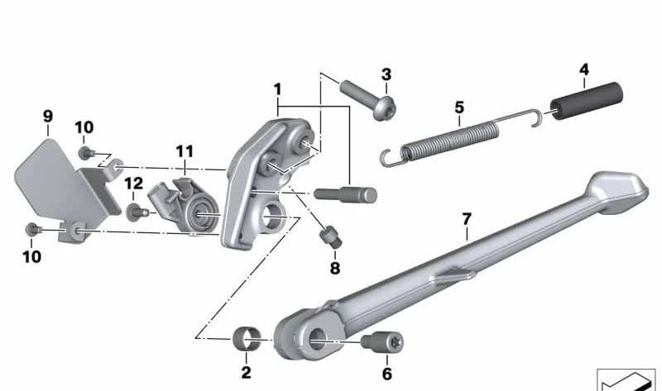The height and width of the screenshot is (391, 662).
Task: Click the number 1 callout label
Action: pos(278,88)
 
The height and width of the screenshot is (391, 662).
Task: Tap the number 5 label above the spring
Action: pos(459,107)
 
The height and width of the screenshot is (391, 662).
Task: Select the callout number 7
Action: pos(467,220)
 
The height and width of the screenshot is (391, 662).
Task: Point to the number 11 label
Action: pos(184,151)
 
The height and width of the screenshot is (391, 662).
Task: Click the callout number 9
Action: pos(47,117)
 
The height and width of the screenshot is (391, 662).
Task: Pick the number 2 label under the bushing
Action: pos(246,373)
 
